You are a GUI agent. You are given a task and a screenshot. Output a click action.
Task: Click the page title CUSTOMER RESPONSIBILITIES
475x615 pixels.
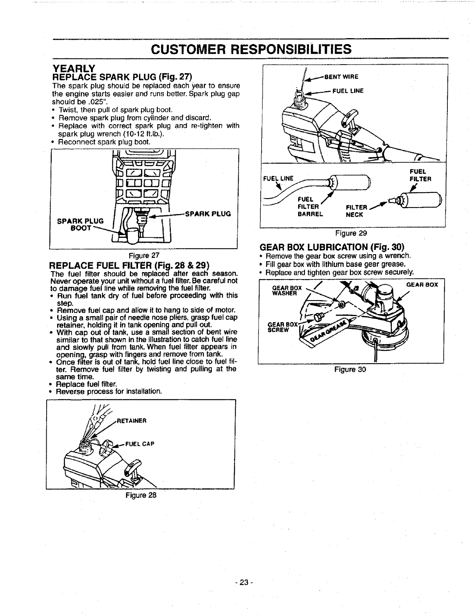251,49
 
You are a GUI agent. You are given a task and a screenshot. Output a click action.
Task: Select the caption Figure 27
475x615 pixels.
145,256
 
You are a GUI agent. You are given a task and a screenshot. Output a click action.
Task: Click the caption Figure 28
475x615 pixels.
140,496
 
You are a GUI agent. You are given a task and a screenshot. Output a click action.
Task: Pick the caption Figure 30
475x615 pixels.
350,369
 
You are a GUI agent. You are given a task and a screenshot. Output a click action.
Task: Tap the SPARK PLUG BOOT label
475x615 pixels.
80,225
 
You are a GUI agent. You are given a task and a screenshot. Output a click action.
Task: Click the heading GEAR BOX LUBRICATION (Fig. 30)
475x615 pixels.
332,247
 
